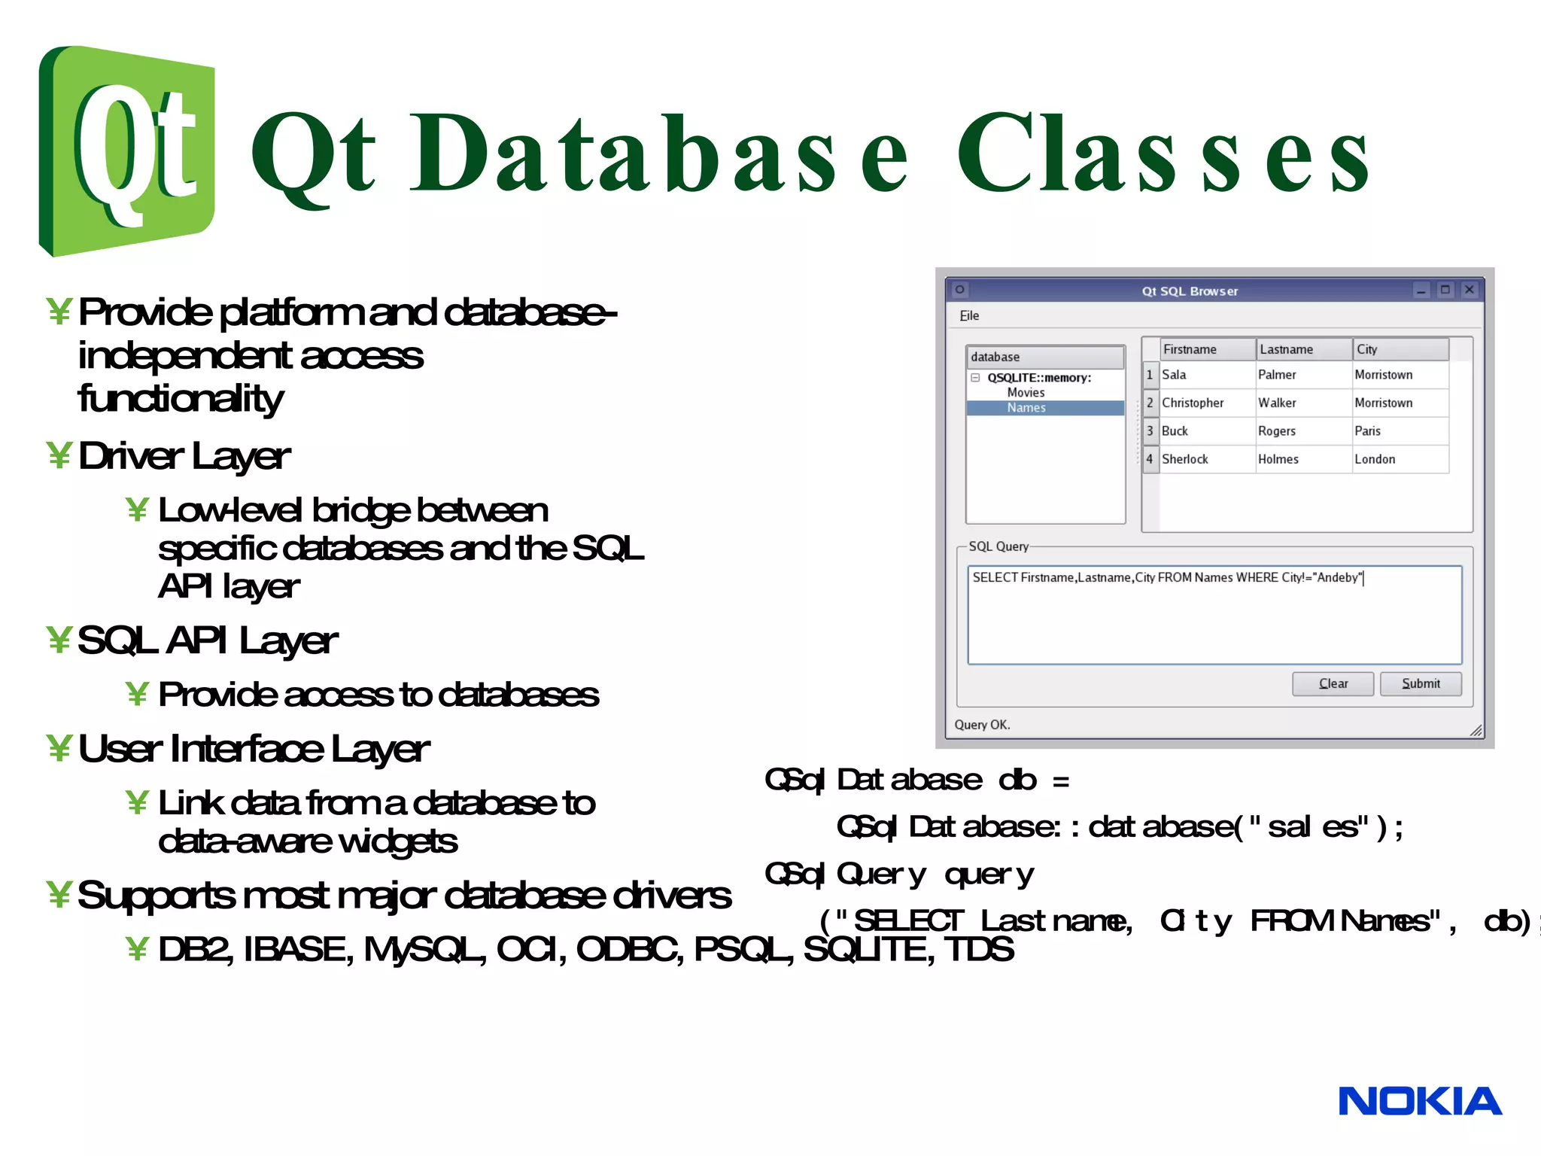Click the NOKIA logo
pos(1419,1101)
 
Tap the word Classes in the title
pos(1163,154)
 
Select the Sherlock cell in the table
pos(1184,459)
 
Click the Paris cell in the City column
pos(1367,431)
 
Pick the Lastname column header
pos(1286,349)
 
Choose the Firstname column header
pos(1190,349)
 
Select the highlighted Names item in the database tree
pos(1026,408)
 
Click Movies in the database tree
pos(1026,393)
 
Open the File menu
pos(969,316)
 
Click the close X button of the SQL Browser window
pos(1469,290)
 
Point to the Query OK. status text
pos(982,725)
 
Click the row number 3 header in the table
pos(1150,431)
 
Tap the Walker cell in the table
pos(1277,403)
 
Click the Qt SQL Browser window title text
pos(1189,291)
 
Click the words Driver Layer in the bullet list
pos(184,456)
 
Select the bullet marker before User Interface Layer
pos(59,748)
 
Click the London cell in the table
pos(1375,459)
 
